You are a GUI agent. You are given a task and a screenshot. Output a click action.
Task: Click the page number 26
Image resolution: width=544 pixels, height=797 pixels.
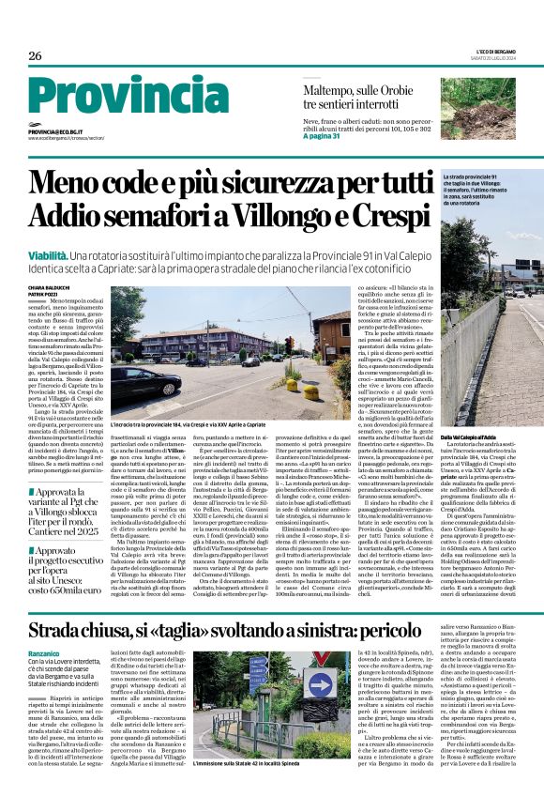point(35,56)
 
